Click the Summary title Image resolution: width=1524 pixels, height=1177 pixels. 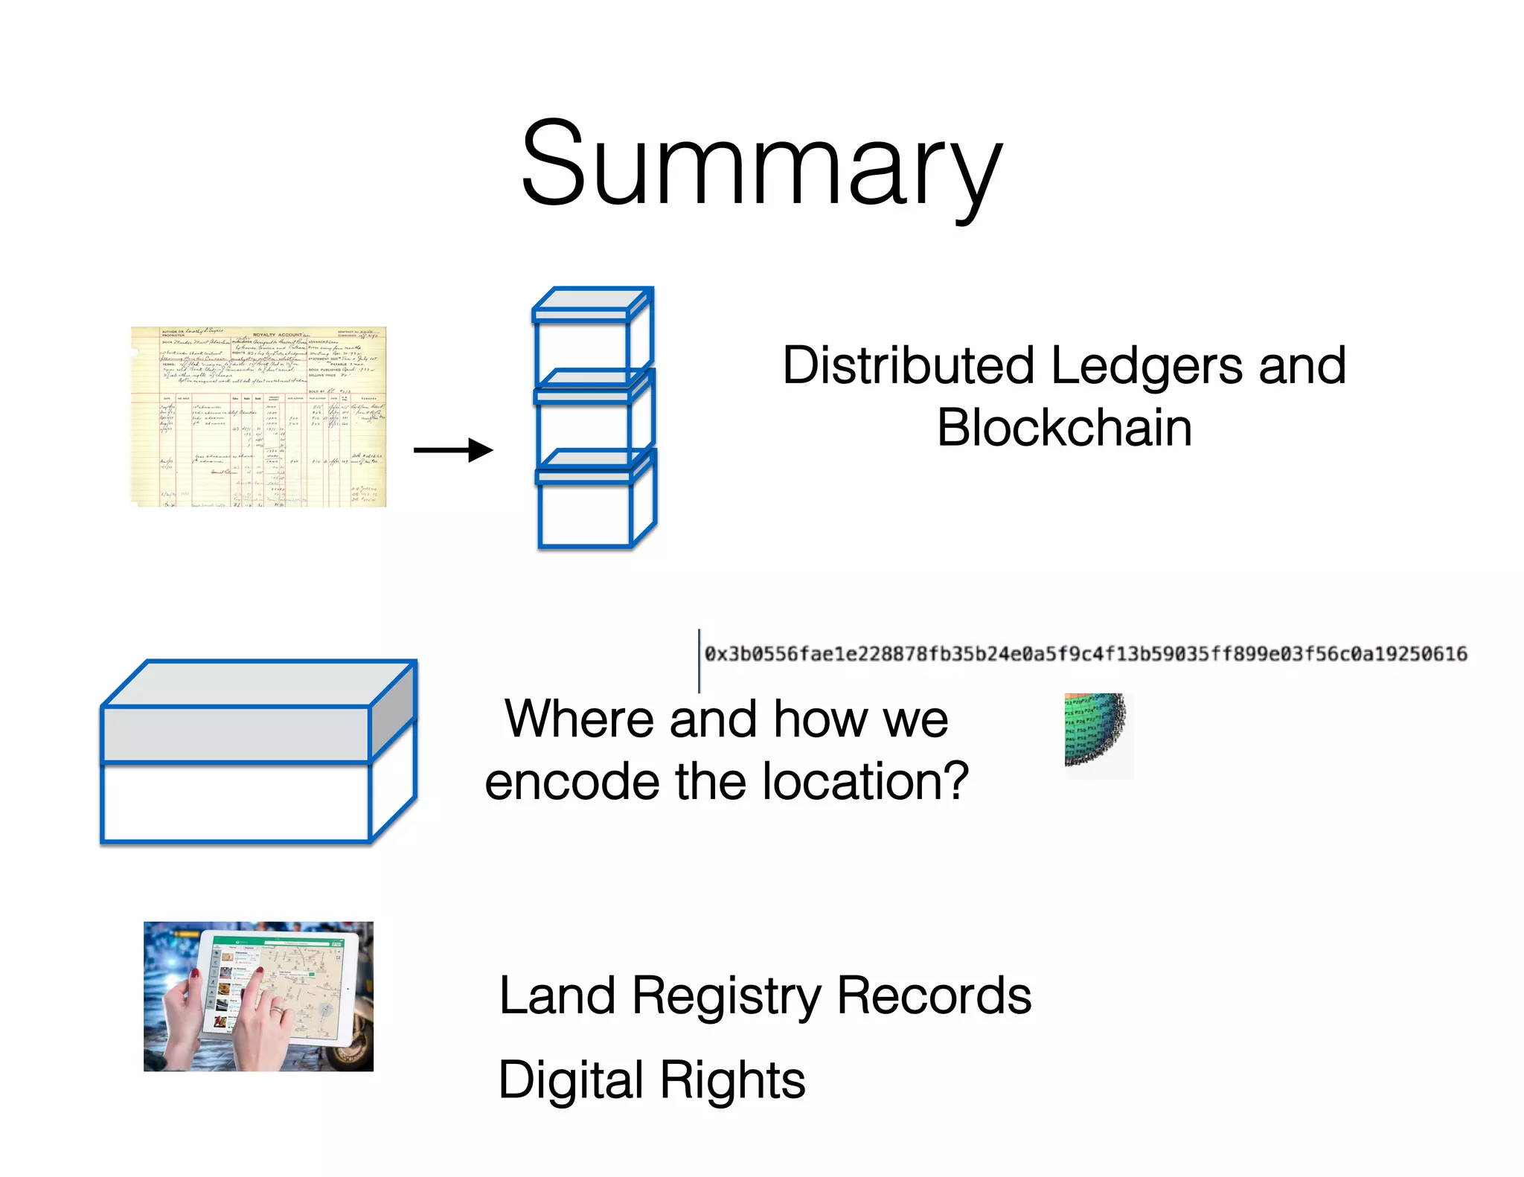(761, 165)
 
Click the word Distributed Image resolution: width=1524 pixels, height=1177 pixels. (908, 366)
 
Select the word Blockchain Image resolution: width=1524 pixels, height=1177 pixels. (1064, 429)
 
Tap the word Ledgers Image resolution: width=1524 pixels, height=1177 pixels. (1146, 366)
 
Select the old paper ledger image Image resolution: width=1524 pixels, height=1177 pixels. (258, 417)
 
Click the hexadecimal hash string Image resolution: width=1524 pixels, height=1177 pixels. (1086, 654)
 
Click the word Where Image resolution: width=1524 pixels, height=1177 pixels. (579, 719)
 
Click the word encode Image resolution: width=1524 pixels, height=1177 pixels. (571, 782)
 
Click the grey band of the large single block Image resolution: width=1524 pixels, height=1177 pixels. (235, 734)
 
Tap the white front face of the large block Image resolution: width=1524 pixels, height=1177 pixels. (235, 802)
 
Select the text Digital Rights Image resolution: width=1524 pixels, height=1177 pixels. (651, 1080)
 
